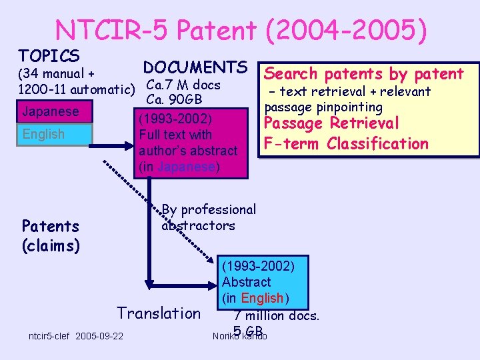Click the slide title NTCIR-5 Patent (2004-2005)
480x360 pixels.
point(241,29)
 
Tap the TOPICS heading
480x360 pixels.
point(49,56)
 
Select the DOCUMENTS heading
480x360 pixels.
point(195,67)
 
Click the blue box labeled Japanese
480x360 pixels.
point(53,111)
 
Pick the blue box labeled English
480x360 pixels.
point(53,134)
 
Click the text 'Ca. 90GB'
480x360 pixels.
point(175,100)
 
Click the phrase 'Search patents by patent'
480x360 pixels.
point(364,74)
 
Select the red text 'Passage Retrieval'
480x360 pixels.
point(331,123)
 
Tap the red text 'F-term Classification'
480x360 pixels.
point(346,143)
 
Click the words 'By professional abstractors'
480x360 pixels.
point(207,217)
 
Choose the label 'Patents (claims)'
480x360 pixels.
point(51,236)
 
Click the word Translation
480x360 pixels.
point(159,313)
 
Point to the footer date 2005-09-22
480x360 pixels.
point(99,335)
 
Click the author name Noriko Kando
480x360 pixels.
point(239,335)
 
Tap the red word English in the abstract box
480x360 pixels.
point(263,298)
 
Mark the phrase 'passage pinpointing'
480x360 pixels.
point(323,107)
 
